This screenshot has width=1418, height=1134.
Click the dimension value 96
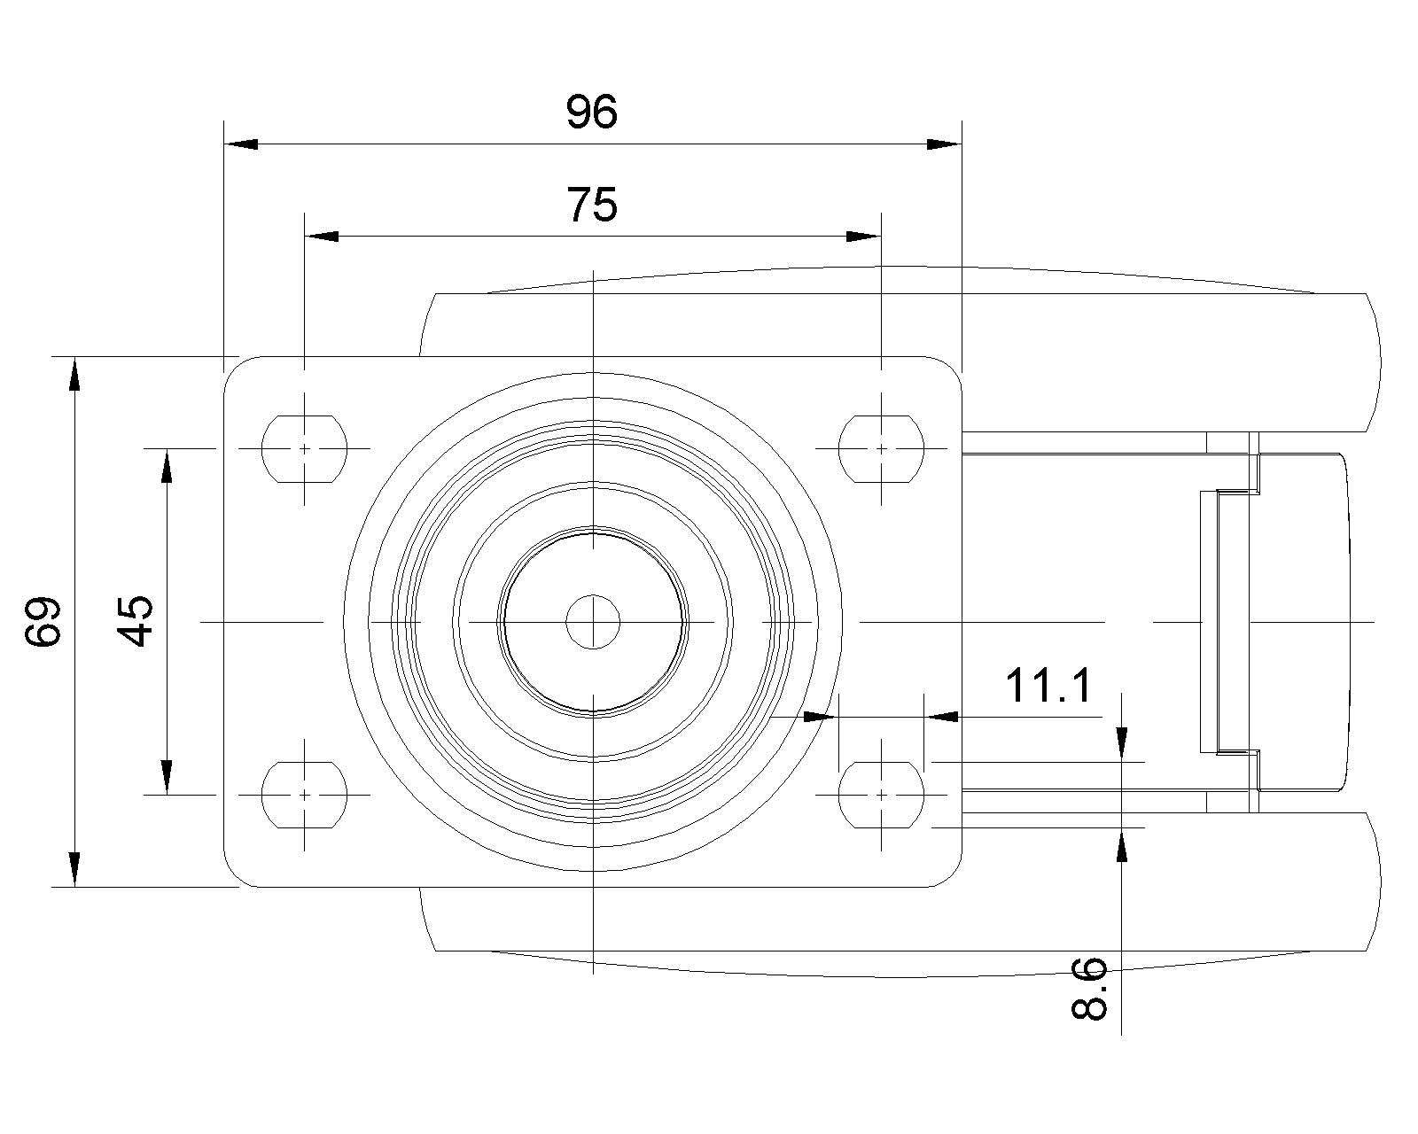tap(591, 113)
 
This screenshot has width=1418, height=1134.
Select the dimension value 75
tap(591, 206)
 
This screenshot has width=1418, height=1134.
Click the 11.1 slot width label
tap(1048, 686)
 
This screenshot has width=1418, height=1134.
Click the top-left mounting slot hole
tap(304, 448)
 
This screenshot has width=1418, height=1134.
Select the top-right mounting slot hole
tap(881, 448)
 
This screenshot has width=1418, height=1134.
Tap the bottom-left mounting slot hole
tap(304, 795)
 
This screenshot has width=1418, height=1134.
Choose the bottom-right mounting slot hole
tap(881, 795)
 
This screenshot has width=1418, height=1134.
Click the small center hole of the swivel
tap(593, 622)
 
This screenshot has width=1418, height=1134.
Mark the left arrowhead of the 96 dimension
tap(241, 144)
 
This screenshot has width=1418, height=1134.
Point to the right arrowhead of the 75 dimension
tap(864, 237)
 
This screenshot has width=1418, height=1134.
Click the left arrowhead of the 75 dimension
tap(322, 237)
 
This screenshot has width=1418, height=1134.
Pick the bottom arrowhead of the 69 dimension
tap(74, 869)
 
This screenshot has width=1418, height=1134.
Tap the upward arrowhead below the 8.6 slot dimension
tap(1122, 845)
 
